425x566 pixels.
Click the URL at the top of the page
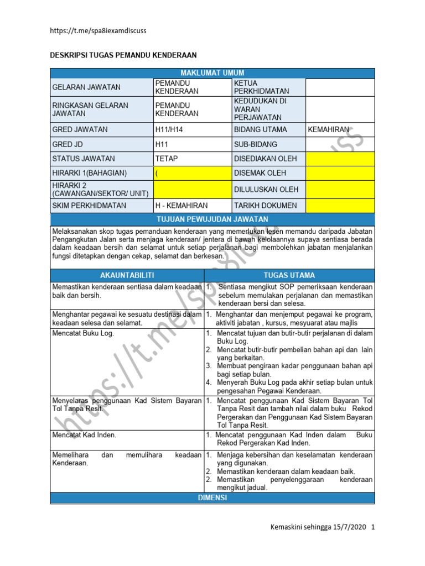(x=99, y=31)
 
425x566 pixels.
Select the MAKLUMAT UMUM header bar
(x=212, y=73)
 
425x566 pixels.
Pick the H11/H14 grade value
(x=172, y=129)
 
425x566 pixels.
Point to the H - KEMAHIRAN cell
(x=181, y=206)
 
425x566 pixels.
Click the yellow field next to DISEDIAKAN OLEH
(x=340, y=158)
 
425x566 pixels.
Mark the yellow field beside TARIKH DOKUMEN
(x=340, y=206)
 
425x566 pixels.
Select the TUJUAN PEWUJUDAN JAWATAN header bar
(x=212, y=220)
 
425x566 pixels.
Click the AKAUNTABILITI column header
(x=127, y=275)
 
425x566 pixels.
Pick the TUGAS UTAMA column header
(x=289, y=275)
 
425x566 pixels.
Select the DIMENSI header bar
(x=212, y=498)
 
